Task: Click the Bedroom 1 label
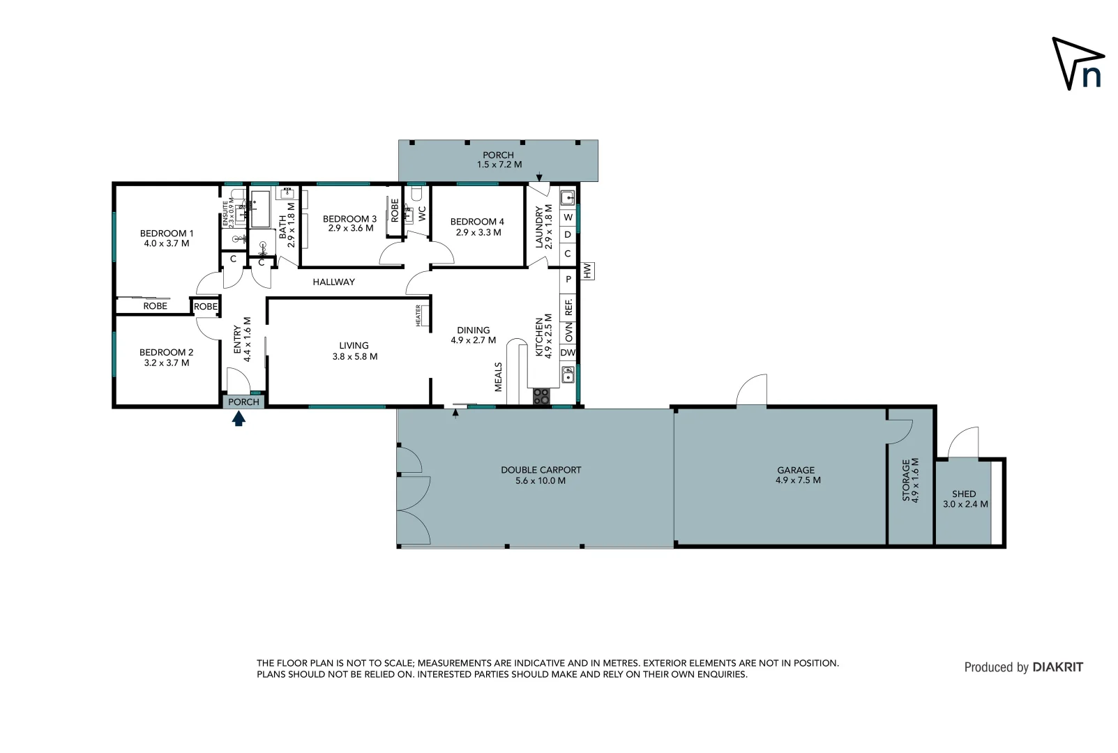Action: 167,234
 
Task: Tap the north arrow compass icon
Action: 1078,63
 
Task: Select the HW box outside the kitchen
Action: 587,271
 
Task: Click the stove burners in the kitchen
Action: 541,397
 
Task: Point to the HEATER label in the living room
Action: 418,316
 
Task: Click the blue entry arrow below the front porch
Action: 239,418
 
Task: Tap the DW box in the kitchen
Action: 568,353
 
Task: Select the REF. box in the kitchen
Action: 568,307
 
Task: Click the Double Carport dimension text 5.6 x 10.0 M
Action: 541,480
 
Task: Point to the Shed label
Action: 964,494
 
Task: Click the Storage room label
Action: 906,480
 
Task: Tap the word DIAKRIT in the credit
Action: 1057,667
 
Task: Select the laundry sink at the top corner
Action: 567,197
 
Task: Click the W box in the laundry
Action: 568,218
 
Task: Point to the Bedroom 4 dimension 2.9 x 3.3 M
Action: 478,232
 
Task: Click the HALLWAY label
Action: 333,282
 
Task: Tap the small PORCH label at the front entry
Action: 243,402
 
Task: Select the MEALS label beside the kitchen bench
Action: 499,376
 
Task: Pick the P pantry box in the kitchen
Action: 568,279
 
